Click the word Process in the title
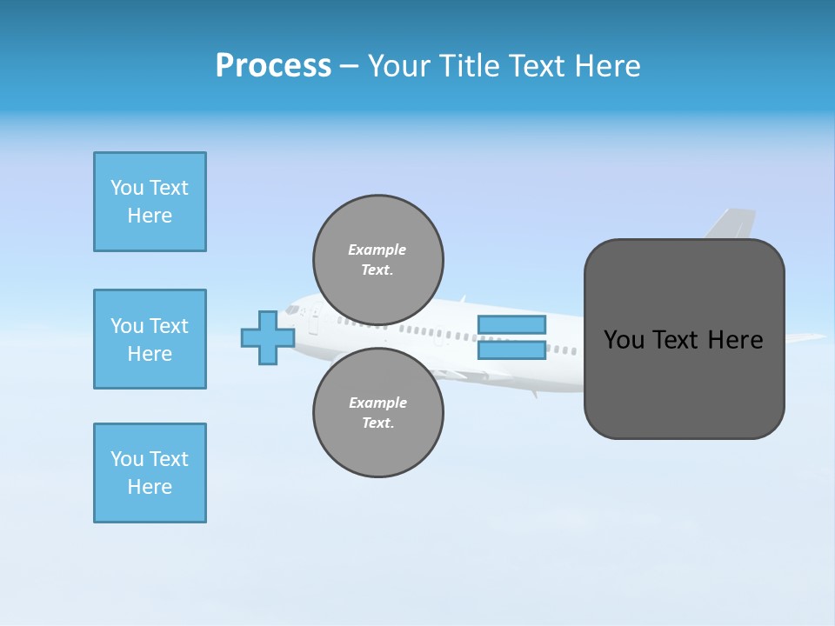[273, 66]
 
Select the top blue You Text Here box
[150, 202]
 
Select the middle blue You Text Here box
[150, 339]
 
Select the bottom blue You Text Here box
[150, 473]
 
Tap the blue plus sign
[268, 337]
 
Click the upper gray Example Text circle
[378, 260]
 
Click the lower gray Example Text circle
[378, 412]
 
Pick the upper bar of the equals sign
[511, 324]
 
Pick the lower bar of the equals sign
[511, 350]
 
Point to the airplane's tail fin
[732, 223]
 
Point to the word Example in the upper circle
[377, 250]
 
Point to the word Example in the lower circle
[377, 403]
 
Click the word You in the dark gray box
[625, 340]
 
